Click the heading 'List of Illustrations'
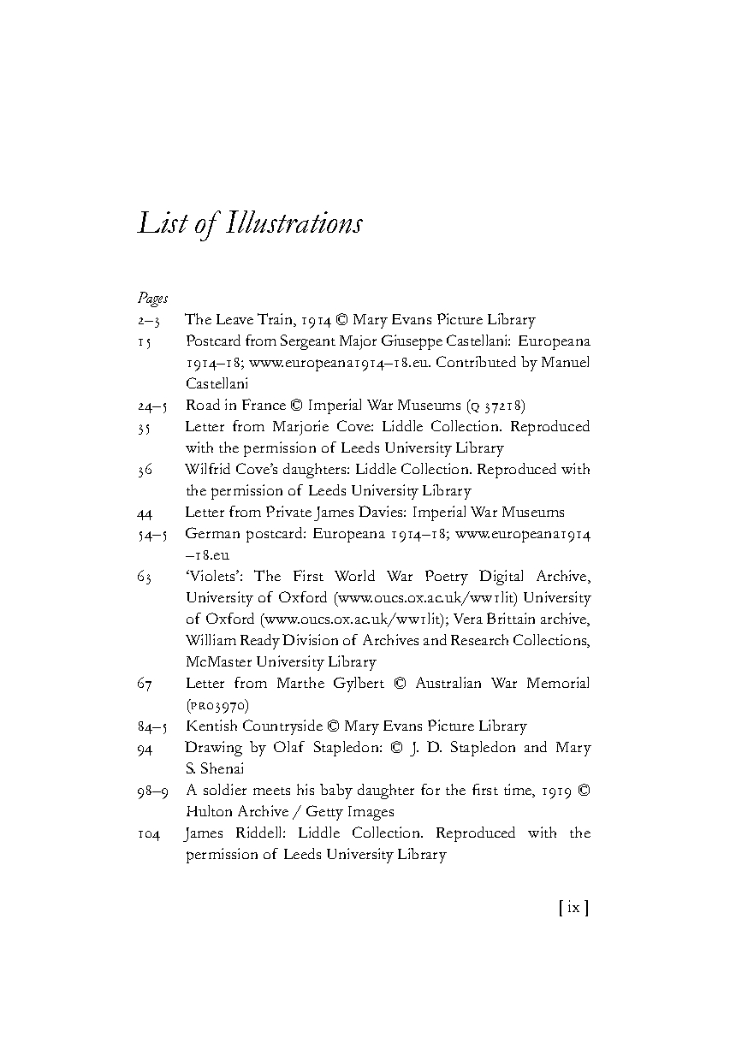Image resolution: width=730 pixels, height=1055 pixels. [x=250, y=224]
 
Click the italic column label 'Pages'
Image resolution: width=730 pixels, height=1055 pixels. [x=152, y=299]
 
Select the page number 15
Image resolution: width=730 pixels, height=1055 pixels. [x=144, y=341]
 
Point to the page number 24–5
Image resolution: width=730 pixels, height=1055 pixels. [x=151, y=406]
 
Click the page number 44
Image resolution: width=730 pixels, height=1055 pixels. [x=145, y=513]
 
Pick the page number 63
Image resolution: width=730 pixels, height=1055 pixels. [x=144, y=577]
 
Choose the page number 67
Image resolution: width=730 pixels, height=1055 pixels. [x=144, y=684]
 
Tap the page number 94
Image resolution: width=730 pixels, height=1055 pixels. [x=144, y=748]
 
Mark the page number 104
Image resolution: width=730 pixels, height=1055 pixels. [x=148, y=833]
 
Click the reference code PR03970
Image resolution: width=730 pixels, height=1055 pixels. [x=217, y=705]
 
